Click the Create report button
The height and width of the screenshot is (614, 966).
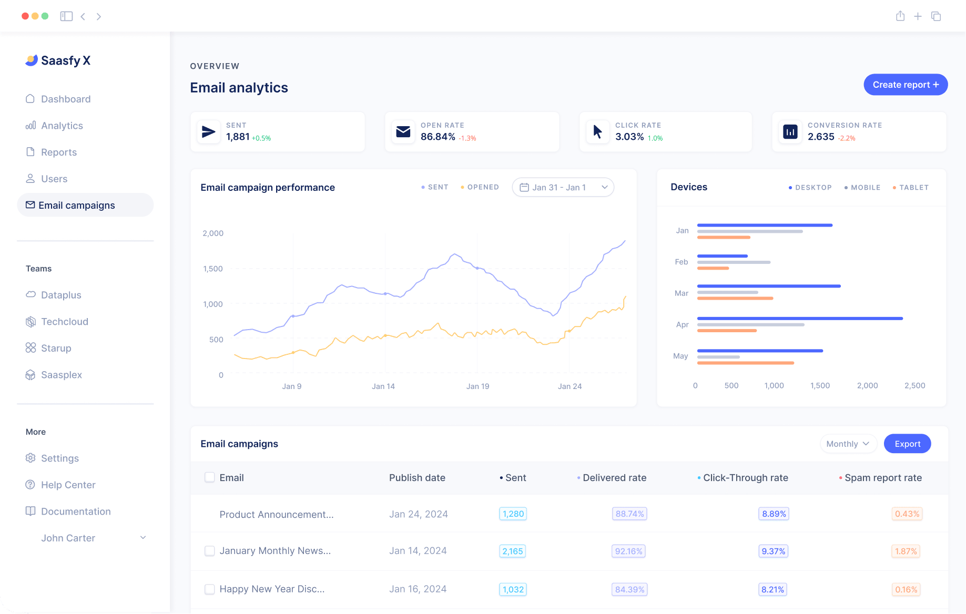905,85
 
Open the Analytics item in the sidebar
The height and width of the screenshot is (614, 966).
62,126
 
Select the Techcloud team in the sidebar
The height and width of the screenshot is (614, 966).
64,322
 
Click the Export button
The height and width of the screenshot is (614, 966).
907,444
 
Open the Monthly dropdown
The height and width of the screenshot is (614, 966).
848,444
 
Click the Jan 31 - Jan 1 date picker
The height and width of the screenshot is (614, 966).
563,187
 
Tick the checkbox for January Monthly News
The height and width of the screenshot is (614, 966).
209,551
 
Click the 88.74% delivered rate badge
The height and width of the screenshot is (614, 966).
629,514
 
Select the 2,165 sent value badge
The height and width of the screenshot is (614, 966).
512,551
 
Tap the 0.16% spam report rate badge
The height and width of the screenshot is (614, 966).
906,589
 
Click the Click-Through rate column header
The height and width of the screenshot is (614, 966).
745,478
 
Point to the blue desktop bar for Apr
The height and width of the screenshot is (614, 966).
799,319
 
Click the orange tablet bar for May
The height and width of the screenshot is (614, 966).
745,363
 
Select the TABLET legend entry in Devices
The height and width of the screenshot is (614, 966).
913,188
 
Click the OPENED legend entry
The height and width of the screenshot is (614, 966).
482,187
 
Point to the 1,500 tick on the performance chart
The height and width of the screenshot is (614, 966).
213,269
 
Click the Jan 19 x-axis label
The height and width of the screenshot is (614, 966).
477,386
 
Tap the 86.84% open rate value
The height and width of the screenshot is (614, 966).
438,137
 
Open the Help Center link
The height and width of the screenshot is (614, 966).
68,485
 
